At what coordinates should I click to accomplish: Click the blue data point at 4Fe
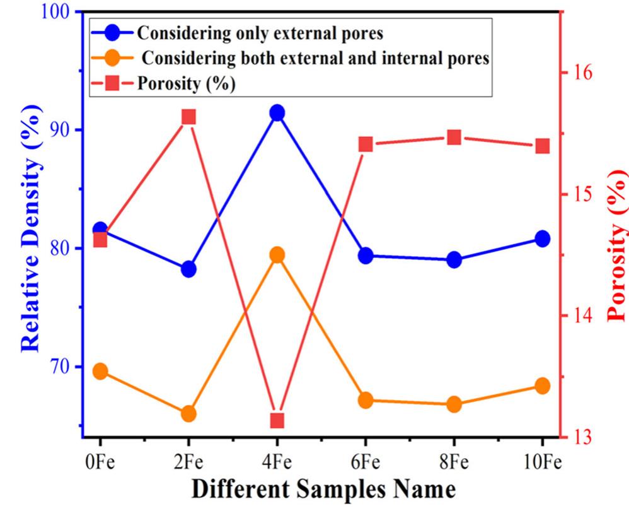277,113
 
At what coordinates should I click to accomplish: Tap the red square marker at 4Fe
277,420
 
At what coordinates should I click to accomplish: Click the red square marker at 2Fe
188,117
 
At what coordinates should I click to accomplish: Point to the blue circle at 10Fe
542,238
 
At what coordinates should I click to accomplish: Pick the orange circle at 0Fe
100,372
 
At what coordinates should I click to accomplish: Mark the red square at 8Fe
454,138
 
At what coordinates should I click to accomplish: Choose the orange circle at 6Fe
366,400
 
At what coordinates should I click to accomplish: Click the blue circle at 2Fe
188,269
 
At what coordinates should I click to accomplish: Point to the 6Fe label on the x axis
366,462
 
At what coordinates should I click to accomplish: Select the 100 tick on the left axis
57,13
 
